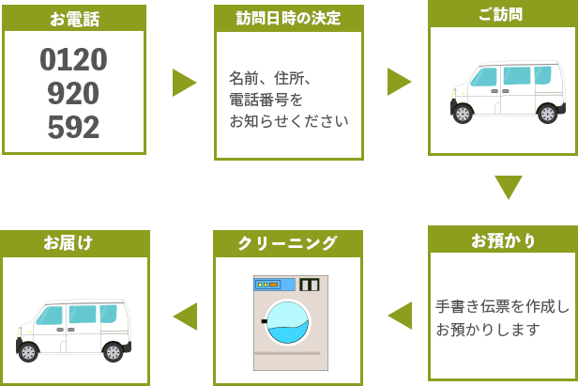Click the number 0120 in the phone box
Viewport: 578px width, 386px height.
[73, 60]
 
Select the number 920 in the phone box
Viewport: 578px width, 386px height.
[73, 94]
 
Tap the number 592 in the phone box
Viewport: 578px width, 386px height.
[73, 127]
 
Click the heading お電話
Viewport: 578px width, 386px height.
[74, 19]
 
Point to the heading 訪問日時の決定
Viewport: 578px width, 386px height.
[288, 18]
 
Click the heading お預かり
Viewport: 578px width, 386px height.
[504, 240]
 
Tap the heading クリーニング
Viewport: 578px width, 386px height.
[287, 243]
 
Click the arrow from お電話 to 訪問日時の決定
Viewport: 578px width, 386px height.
[183, 83]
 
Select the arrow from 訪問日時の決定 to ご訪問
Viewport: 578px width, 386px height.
[399, 82]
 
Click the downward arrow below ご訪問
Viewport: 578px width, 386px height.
[508, 187]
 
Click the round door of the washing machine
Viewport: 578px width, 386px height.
[287, 321]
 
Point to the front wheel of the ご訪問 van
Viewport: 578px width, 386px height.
[463, 113]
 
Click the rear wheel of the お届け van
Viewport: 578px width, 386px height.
[113, 352]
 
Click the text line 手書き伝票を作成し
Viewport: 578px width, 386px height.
[502, 307]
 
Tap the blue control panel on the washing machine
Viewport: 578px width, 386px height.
[273, 285]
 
